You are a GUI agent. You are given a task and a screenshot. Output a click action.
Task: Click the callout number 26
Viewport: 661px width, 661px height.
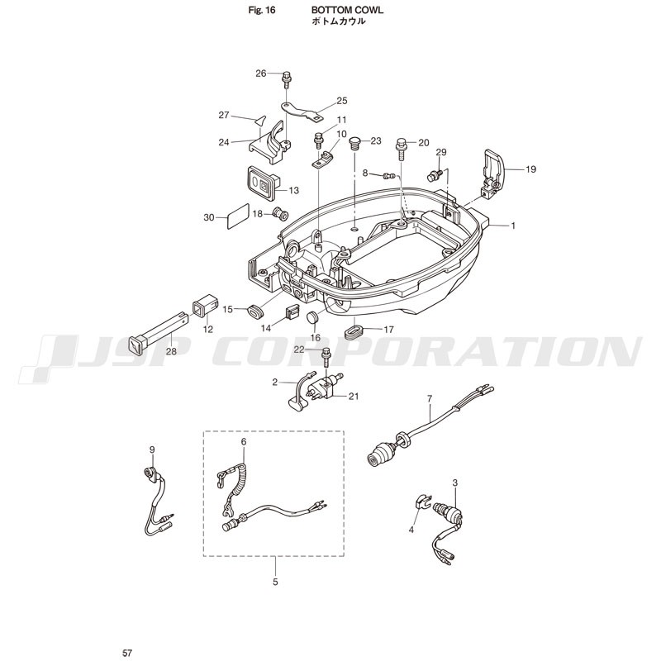click(x=261, y=74)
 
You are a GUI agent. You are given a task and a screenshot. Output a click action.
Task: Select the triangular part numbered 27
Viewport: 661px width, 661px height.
click(x=260, y=121)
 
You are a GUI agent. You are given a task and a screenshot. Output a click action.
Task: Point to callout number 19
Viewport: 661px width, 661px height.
click(x=530, y=169)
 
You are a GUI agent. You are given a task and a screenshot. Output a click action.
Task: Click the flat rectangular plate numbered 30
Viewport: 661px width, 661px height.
click(x=238, y=216)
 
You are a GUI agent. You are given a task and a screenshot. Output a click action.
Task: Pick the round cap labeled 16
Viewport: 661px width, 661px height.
click(x=313, y=317)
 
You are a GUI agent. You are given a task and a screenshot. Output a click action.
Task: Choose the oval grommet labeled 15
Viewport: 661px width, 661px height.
click(x=254, y=311)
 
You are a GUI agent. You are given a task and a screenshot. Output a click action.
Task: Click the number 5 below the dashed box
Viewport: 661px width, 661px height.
click(x=275, y=583)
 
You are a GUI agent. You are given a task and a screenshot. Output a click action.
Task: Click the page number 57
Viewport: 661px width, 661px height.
click(x=127, y=653)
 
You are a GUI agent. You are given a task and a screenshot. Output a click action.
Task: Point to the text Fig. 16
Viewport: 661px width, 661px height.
click(x=261, y=10)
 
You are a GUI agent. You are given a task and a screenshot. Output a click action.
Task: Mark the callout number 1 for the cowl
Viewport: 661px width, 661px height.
click(x=513, y=226)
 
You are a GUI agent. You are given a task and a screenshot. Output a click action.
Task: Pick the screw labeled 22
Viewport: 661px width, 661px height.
click(x=326, y=358)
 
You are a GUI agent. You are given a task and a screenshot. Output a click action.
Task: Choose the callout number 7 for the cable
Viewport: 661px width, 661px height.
click(x=430, y=398)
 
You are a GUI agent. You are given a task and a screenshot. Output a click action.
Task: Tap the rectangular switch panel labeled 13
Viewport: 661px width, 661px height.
click(x=263, y=183)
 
